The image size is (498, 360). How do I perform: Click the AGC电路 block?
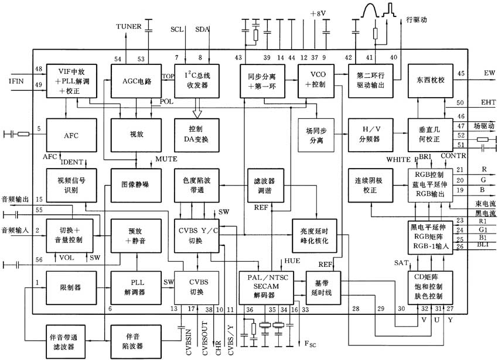tap(136, 82)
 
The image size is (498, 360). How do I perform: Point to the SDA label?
tap(202, 28)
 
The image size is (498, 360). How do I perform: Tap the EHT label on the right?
tap(489, 102)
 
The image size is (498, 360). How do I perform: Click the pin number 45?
tap(461, 73)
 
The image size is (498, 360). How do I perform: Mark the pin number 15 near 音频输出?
tap(39, 200)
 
